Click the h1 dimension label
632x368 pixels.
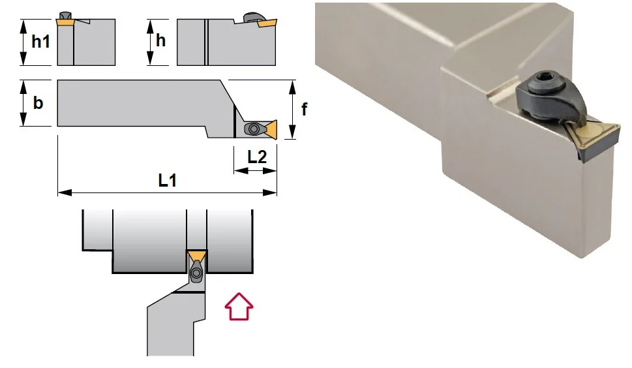pyautogui.click(x=40, y=42)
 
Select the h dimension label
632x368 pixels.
pyautogui.click(x=160, y=40)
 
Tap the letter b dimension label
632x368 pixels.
pyautogui.click(x=38, y=103)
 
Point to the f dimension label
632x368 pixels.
pyautogui.click(x=305, y=109)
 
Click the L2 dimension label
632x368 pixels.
pyautogui.click(x=257, y=157)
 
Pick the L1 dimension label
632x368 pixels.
pyautogui.click(x=167, y=180)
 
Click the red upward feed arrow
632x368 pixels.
pyautogui.click(x=239, y=306)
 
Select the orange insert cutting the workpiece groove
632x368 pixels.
pyautogui.click(x=197, y=255)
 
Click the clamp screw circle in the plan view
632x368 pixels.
pyautogui.click(x=254, y=129)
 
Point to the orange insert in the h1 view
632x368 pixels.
pyautogui.click(x=65, y=23)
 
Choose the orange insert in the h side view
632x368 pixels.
pyautogui.click(x=267, y=23)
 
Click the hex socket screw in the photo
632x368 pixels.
pyautogui.click(x=541, y=82)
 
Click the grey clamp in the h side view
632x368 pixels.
pyautogui.click(x=252, y=18)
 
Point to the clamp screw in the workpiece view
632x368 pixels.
pyautogui.click(x=197, y=273)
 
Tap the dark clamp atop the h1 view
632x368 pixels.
pyautogui.click(x=65, y=15)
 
